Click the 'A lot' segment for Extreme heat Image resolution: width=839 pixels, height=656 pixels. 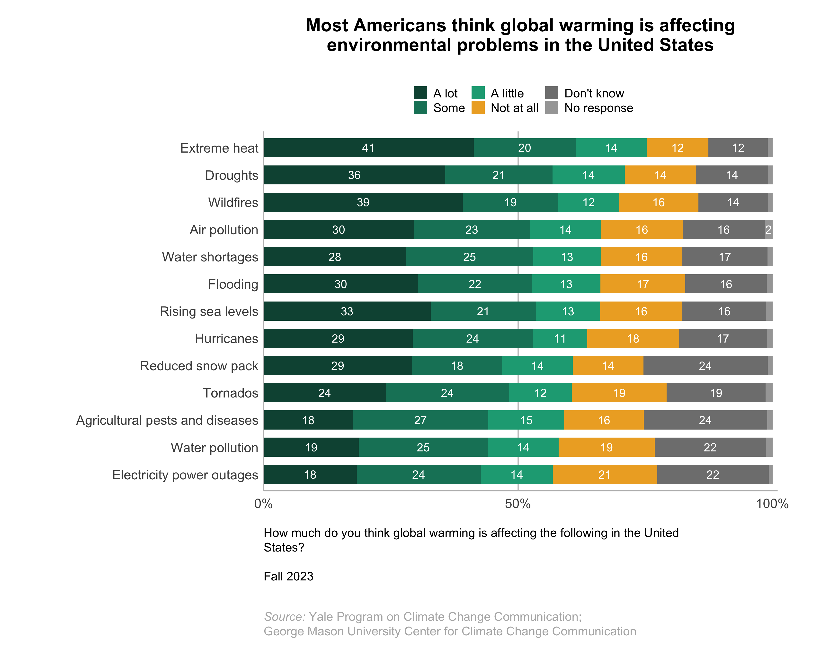(368, 148)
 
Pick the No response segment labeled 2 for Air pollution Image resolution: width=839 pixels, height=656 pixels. (768, 230)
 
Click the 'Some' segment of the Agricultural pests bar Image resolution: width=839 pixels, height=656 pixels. (420, 420)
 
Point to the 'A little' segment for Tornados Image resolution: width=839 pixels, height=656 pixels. (540, 393)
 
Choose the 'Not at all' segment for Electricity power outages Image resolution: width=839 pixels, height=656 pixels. (605, 475)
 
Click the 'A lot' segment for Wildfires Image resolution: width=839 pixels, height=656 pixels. (363, 202)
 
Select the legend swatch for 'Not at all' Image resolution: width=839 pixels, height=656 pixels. (478, 108)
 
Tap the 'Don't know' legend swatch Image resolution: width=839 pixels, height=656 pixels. (552, 93)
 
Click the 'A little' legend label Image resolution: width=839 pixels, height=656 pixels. (507, 93)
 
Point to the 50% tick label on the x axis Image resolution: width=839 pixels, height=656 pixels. (518, 503)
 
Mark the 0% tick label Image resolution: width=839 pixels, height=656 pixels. (263, 503)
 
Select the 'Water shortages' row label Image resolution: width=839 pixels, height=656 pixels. (210, 257)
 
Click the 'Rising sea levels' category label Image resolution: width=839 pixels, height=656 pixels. (209, 311)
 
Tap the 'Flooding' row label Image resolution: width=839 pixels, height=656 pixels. (233, 284)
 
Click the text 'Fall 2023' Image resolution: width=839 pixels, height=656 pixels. (288, 576)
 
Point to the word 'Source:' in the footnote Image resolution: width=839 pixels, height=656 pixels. (284, 616)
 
